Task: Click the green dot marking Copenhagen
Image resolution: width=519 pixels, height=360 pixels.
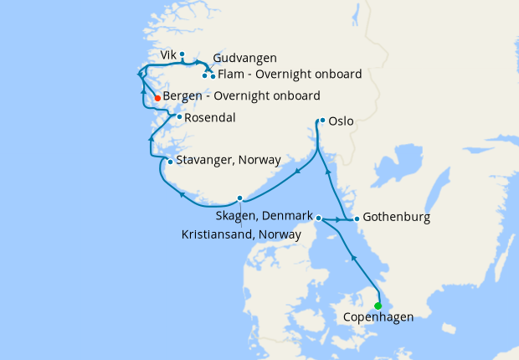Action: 378,305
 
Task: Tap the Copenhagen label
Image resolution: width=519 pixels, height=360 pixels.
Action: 378,318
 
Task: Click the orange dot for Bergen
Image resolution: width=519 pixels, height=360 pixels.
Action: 157,98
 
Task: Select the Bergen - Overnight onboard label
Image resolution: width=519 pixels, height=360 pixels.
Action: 241,96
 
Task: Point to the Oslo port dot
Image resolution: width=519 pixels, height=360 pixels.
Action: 322,121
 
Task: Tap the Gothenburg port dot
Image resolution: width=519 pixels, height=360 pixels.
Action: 357,219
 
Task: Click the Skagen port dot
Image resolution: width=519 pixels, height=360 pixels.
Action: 319,218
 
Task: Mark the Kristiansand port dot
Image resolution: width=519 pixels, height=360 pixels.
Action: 240,198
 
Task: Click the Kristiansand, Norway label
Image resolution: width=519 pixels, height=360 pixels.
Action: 241,235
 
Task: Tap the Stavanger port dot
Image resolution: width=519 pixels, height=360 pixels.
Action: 170,162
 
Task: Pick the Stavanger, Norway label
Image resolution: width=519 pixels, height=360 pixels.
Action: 229,160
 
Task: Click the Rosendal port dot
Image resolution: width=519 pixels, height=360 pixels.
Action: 179,117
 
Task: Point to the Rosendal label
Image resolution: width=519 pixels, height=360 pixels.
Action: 209,118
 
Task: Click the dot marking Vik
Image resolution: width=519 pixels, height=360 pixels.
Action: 182,54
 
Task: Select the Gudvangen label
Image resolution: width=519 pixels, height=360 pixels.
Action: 244,59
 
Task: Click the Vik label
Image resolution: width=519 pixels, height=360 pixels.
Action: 167,54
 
